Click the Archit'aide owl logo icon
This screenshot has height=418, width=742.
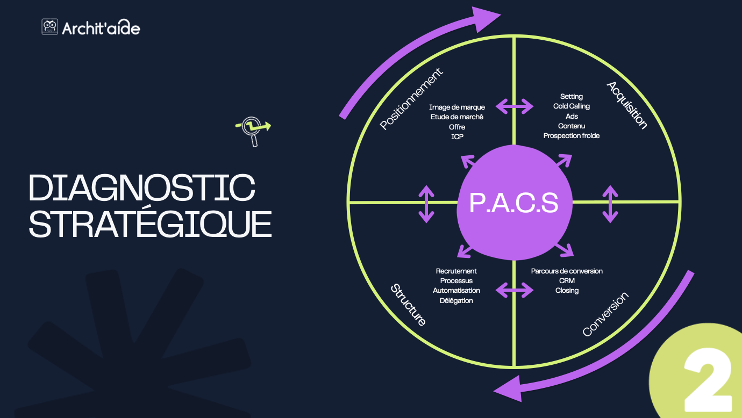click(49, 27)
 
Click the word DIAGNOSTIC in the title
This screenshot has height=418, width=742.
click(142, 188)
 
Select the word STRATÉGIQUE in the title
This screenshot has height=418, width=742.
click(150, 225)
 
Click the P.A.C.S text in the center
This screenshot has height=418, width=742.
click(513, 204)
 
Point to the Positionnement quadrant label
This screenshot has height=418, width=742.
click(411, 99)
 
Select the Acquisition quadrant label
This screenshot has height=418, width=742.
click(626, 105)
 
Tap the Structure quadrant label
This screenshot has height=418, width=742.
click(408, 305)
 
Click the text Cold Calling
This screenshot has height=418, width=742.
click(571, 106)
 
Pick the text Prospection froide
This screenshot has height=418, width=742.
click(571, 136)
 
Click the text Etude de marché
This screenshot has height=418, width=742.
click(457, 117)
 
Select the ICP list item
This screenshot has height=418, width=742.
click(457, 137)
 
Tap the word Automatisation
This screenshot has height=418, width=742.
click(456, 291)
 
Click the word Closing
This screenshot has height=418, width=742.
click(567, 291)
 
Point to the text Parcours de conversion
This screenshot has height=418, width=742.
click(567, 271)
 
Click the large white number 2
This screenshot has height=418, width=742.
click(708, 381)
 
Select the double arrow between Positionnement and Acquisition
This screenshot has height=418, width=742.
click(515, 106)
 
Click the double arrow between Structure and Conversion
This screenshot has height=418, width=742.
click(515, 291)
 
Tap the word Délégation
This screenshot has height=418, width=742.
click(456, 301)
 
